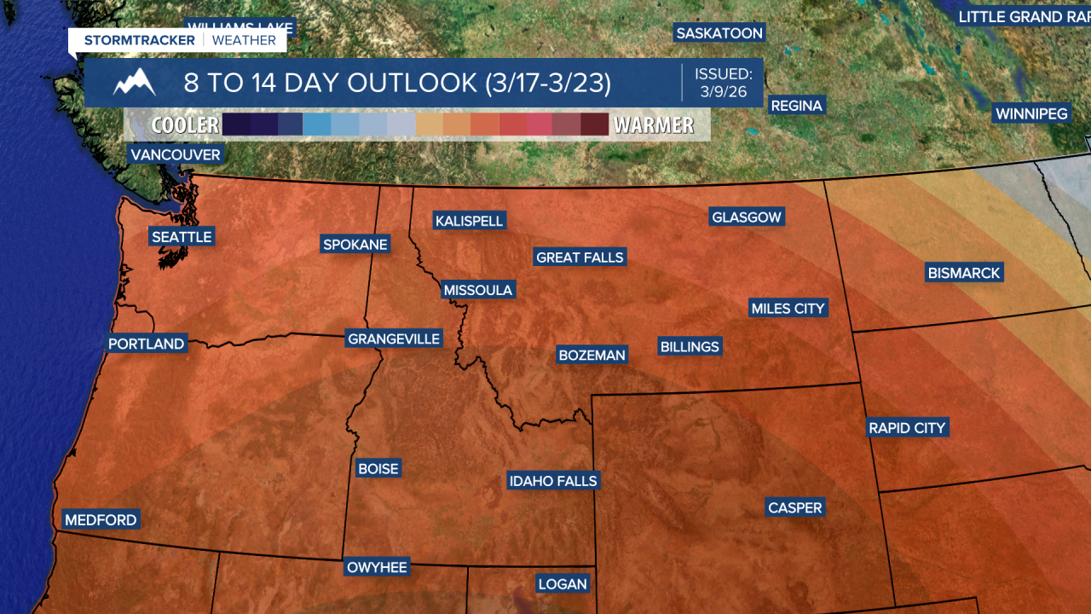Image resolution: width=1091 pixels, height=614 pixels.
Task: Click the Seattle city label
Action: (182, 236)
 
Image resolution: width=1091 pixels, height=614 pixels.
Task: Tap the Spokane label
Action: (355, 245)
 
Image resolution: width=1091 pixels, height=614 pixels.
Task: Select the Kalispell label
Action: (470, 221)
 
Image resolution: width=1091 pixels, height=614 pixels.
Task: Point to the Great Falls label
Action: (580, 257)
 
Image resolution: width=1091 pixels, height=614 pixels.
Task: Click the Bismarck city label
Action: (964, 273)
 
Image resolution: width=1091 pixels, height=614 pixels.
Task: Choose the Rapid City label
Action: (907, 427)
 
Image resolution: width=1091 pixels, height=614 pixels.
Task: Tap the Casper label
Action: (795, 507)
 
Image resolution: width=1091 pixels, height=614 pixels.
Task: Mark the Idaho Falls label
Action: (553, 481)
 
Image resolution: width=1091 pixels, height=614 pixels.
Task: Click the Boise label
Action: (378, 468)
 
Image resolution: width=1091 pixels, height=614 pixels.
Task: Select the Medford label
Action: (101, 519)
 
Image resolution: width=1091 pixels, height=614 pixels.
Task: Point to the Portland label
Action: (147, 344)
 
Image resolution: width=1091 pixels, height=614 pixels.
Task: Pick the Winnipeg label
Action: (1031, 113)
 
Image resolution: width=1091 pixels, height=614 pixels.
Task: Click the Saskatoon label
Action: (719, 33)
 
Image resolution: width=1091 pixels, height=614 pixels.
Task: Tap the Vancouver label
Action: (176, 154)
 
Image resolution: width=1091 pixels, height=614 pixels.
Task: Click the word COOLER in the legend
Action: (185, 125)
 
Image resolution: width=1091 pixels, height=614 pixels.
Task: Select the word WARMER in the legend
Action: (654, 125)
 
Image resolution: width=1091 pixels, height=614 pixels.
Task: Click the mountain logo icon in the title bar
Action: (135, 83)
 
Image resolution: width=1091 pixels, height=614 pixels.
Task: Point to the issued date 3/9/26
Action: (724, 91)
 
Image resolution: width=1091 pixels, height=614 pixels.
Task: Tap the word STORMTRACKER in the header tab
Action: (140, 40)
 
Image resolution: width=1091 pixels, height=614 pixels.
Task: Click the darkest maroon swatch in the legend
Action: (594, 125)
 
